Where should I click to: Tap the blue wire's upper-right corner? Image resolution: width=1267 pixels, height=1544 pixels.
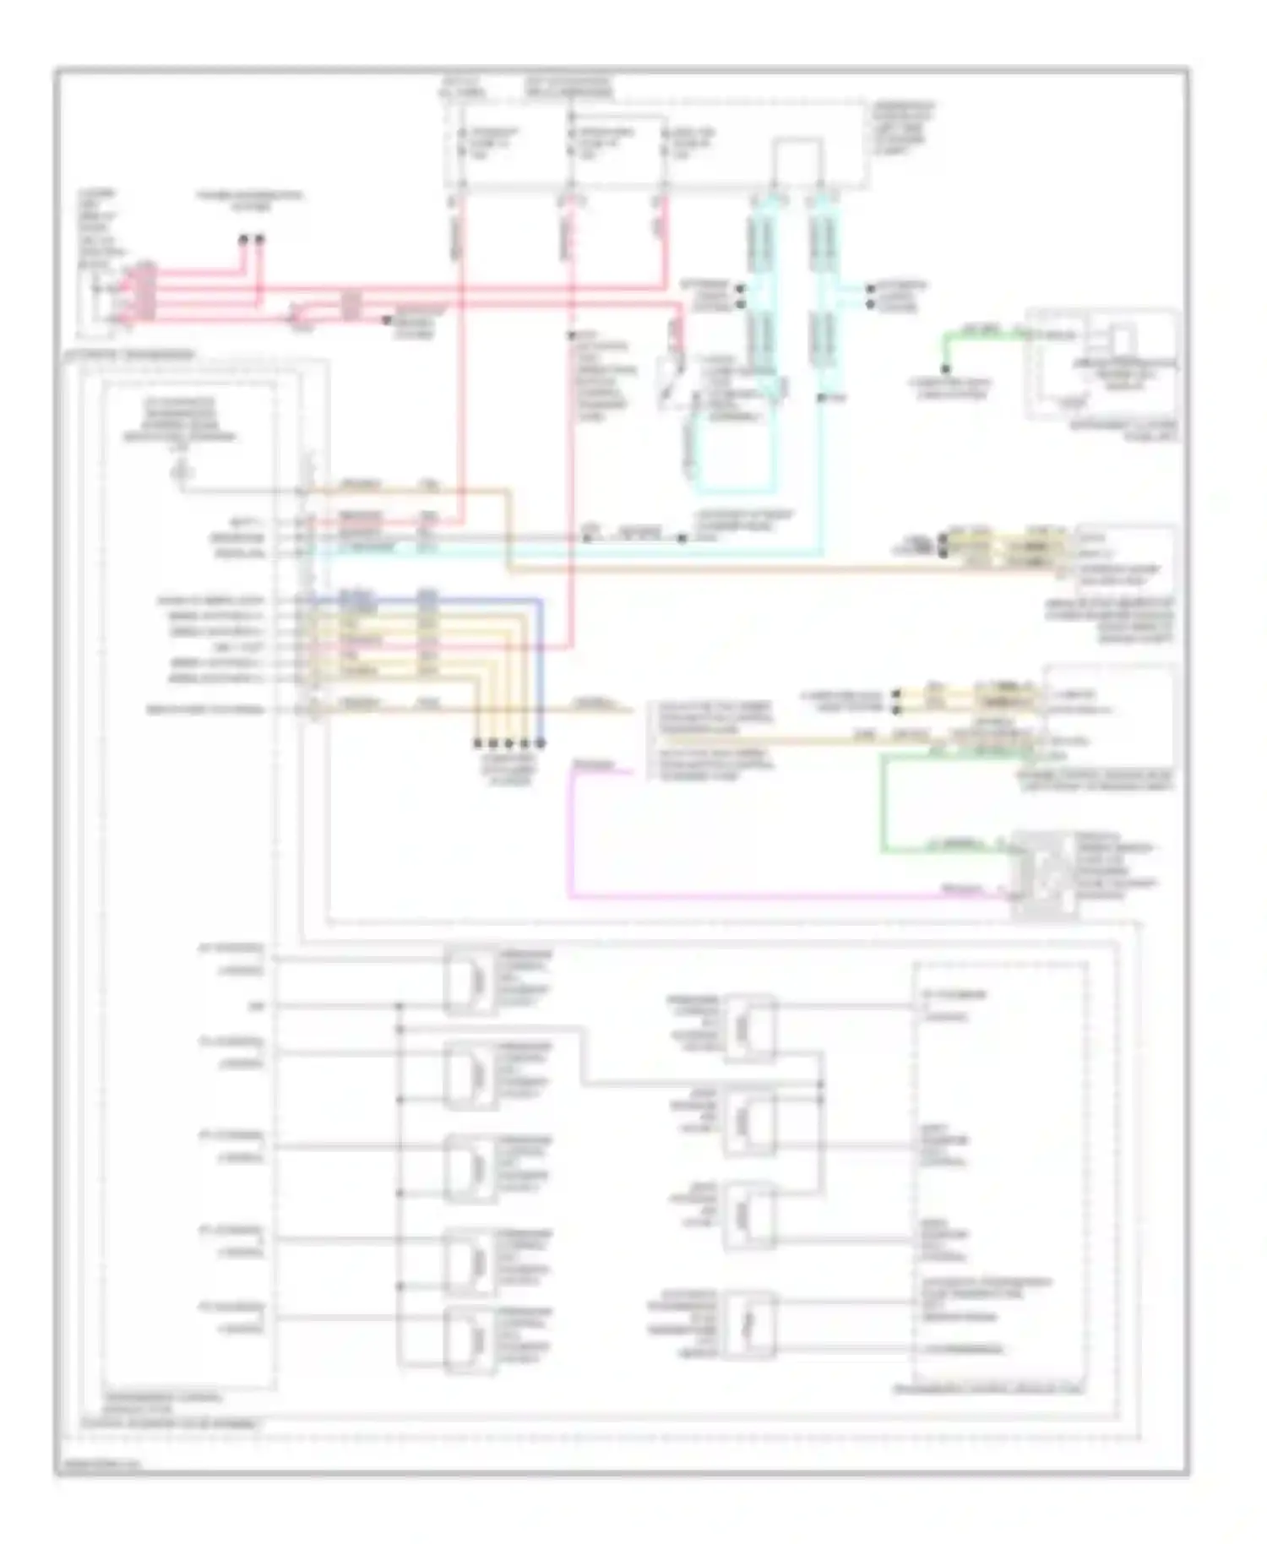point(541,601)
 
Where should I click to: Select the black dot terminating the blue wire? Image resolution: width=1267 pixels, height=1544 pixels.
point(541,743)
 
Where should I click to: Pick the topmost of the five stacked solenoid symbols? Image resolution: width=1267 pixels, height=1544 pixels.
point(470,981)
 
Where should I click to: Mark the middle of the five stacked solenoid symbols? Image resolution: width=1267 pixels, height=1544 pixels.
point(470,1168)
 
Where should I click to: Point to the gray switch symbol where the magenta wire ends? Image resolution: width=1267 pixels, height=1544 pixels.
point(1044,875)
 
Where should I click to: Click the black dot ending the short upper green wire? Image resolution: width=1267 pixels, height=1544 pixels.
point(946,369)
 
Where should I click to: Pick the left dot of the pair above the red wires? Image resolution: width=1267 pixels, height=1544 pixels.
point(243,240)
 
